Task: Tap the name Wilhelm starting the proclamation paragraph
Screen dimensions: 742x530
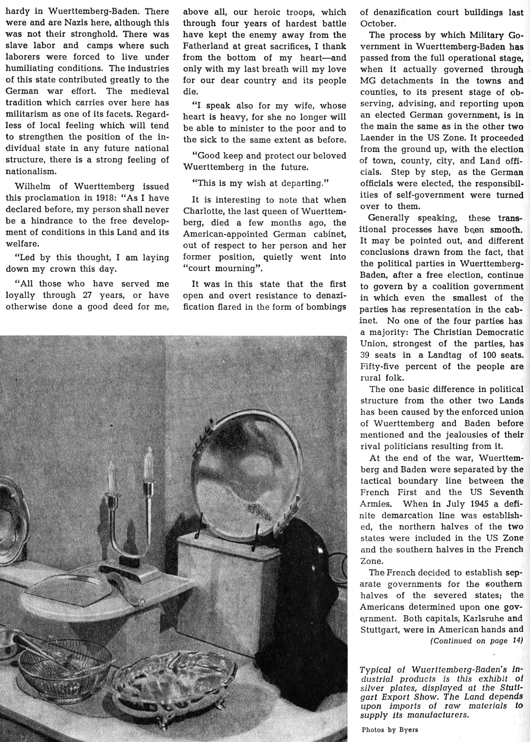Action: [x=32, y=187]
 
